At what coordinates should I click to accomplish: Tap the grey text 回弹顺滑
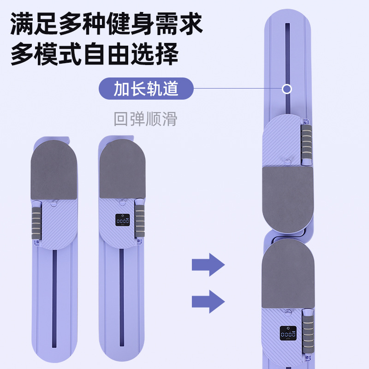click(145, 119)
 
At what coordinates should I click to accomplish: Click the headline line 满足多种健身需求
click(107, 24)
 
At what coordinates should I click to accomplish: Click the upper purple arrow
click(208, 265)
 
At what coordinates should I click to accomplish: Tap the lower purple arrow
click(208, 302)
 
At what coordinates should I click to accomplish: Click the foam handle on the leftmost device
click(36, 223)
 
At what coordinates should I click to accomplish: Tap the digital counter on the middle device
click(123, 221)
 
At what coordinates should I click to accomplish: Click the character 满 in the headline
click(23, 24)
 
